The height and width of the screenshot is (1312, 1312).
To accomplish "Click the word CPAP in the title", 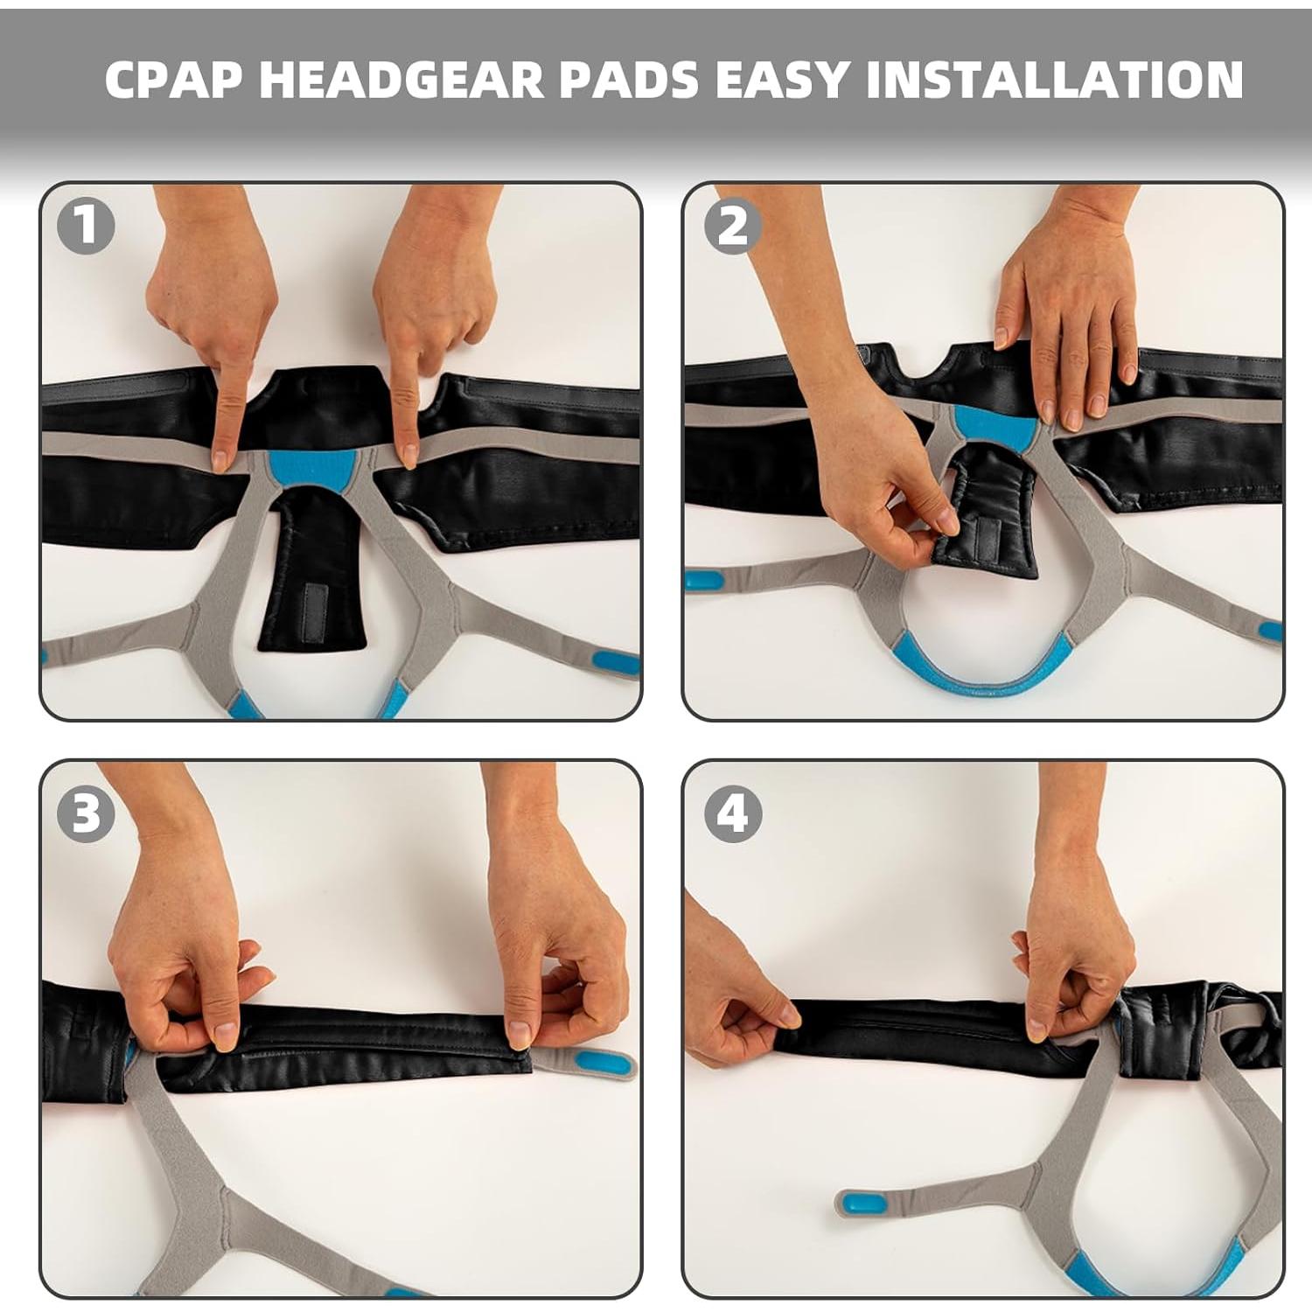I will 173,79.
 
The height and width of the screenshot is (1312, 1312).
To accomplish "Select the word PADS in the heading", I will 630,79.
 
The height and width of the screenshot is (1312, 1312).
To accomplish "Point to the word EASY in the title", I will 783,79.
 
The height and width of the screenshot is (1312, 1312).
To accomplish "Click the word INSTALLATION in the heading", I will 1054,79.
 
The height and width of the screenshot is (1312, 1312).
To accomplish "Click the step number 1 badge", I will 86,227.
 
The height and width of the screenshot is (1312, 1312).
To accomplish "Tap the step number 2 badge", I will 733,227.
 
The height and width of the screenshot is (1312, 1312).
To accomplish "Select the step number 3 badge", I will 86,814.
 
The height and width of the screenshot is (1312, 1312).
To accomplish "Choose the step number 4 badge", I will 733,814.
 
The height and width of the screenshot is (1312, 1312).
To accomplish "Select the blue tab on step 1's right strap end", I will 616,662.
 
